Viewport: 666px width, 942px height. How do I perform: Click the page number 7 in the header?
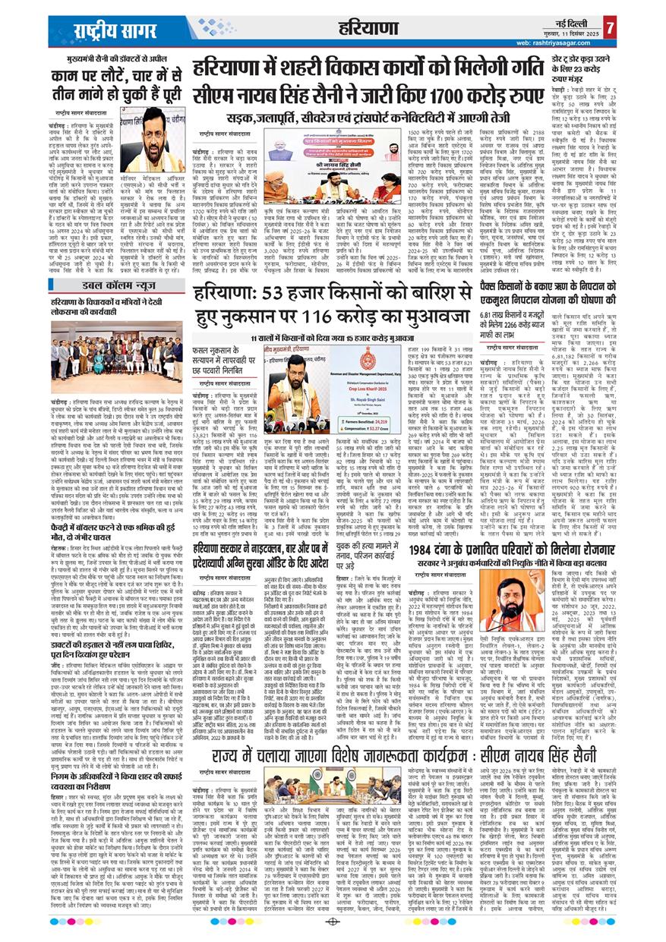(x=652, y=17)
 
